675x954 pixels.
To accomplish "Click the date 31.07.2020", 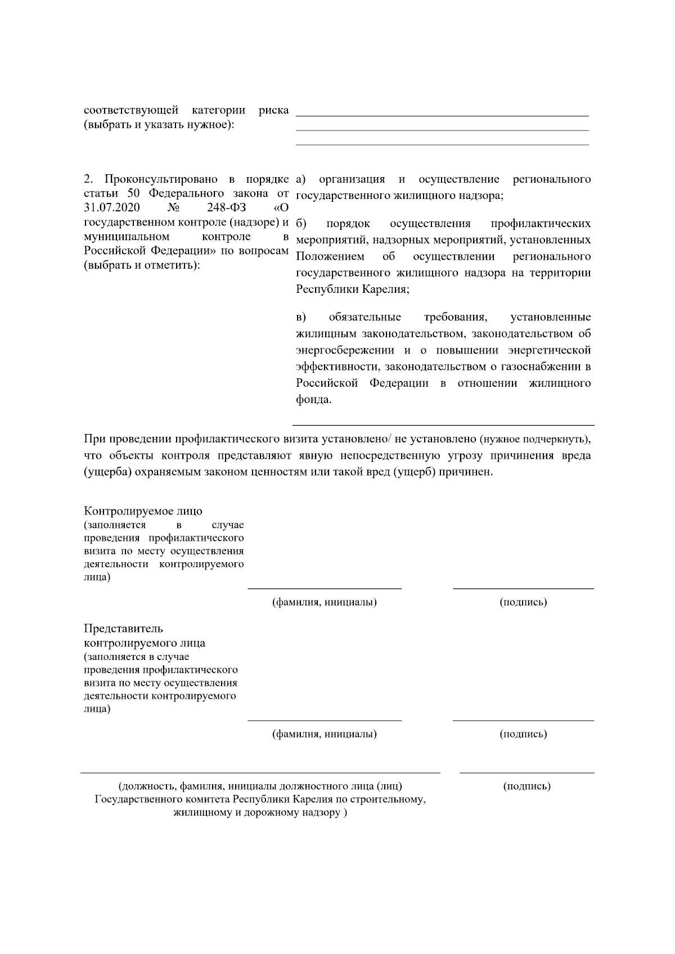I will (x=112, y=209).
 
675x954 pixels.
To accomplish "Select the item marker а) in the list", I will (x=300, y=179).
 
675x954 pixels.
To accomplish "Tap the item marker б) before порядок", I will (x=300, y=224).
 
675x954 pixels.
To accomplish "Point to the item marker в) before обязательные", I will (x=300, y=317).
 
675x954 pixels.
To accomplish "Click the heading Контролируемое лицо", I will (x=143, y=511).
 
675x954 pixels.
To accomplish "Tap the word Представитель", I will (x=123, y=629).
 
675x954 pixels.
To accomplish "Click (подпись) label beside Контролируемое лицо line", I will (x=523, y=603).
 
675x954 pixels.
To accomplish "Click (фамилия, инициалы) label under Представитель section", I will (x=325, y=734).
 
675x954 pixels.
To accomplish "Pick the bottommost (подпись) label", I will (x=526, y=786).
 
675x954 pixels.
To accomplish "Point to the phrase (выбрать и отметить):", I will (x=142, y=265).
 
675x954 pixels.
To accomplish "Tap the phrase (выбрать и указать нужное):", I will (x=159, y=124).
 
